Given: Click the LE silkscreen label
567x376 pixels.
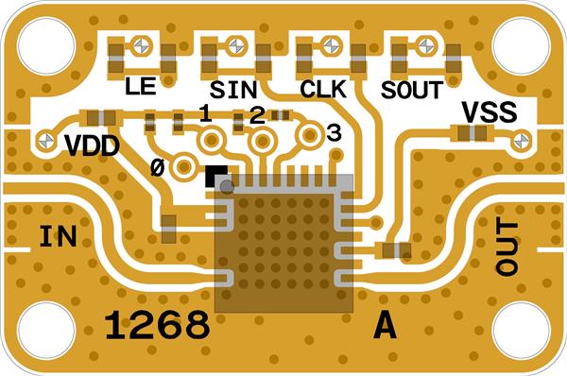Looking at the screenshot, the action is click(x=140, y=86).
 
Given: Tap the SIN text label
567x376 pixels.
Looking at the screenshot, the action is click(x=233, y=90).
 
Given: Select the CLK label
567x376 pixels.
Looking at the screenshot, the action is click(x=323, y=89).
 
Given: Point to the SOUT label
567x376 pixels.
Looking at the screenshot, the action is click(x=412, y=90).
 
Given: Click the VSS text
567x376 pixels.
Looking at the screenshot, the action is click(x=490, y=111).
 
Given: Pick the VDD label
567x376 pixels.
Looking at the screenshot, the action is click(x=93, y=146).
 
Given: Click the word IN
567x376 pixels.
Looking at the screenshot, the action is click(x=58, y=236).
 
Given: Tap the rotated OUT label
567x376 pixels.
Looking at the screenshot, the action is click(x=507, y=247).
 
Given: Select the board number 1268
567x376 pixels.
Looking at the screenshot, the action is click(x=157, y=325).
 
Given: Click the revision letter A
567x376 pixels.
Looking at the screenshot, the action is click(x=386, y=325).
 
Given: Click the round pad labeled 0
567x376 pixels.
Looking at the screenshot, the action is click(x=184, y=166).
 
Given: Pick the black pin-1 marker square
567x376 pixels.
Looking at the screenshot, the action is click(x=215, y=176).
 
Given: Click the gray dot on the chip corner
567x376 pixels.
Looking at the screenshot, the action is click(x=227, y=186).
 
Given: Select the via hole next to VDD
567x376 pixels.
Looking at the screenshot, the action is click(x=46, y=140).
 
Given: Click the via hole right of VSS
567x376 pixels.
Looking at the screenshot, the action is click(x=522, y=140).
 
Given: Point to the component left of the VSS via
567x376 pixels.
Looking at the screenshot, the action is click(x=472, y=133).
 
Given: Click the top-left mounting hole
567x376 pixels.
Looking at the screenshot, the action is click(x=46, y=45).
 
